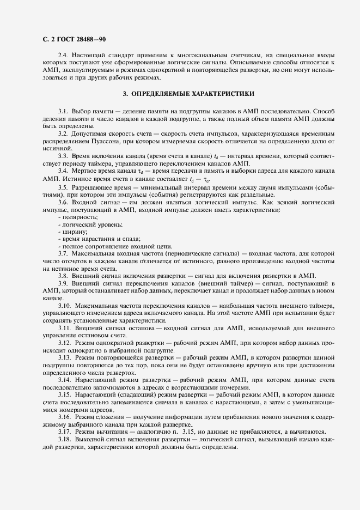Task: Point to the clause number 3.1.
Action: click(x=63, y=112)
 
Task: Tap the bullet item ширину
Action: click(x=71, y=232)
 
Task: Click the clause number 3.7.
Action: click(x=63, y=254)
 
